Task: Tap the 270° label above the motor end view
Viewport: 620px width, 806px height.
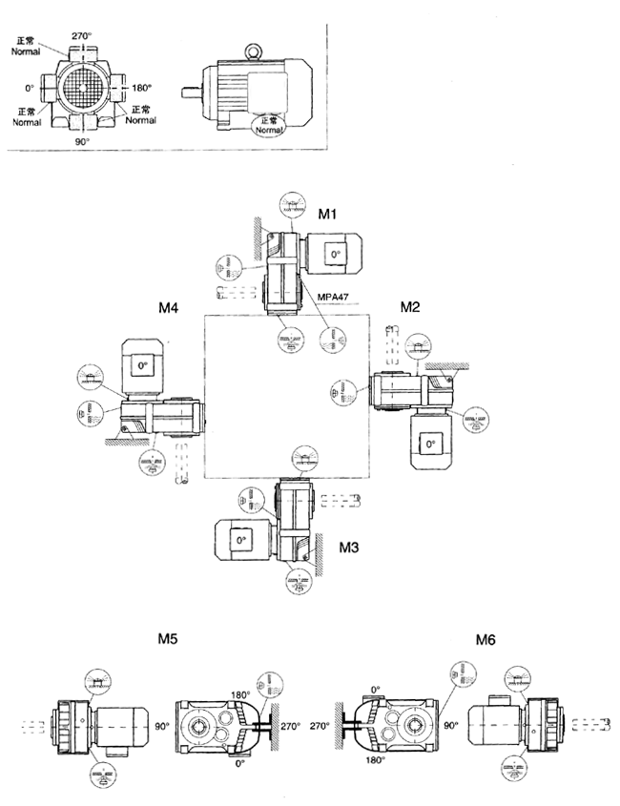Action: click(x=81, y=35)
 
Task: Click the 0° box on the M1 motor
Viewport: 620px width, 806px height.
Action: click(x=334, y=254)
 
